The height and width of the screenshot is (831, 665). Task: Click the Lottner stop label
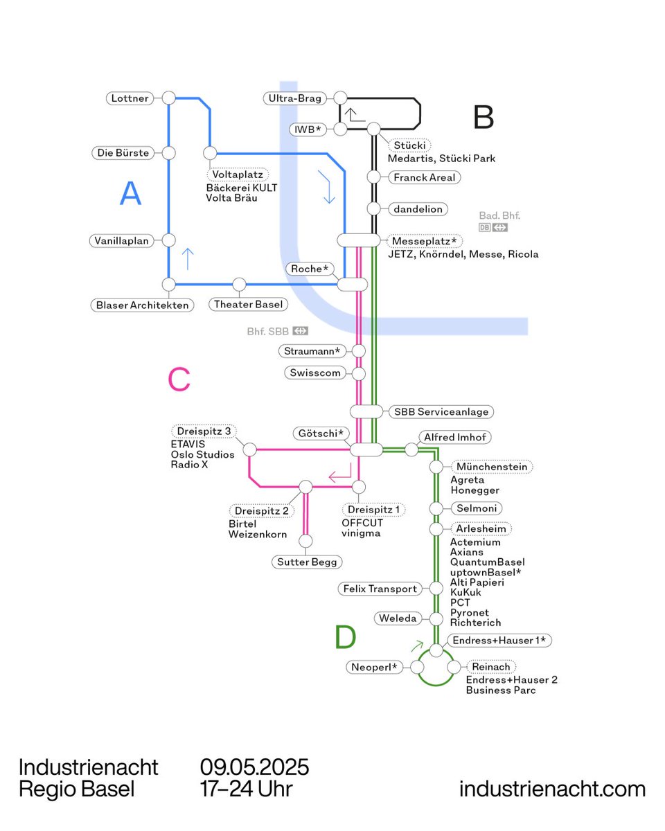click(x=130, y=98)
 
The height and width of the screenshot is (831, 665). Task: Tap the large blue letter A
click(x=130, y=193)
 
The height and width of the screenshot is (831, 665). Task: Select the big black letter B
click(x=484, y=118)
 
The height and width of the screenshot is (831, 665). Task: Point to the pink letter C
click(x=179, y=379)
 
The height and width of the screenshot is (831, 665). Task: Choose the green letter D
click(x=345, y=638)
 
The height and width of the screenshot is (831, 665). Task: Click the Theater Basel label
click(x=239, y=305)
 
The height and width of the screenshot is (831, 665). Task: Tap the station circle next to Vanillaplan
click(x=168, y=240)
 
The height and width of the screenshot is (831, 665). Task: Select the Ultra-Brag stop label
click(x=295, y=98)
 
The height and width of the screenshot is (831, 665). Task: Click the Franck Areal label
click(x=424, y=177)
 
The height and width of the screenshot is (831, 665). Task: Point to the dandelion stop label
click(x=418, y=208)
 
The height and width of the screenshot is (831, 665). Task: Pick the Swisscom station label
click(x=315, y=373)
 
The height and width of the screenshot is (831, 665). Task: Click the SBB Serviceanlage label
click(x=441, y=411)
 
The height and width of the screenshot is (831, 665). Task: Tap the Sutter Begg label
click(x=306, y=562)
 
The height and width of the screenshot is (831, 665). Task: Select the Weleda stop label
click(x=398, y=618)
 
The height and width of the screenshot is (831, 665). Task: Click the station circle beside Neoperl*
click(x=417, y=667)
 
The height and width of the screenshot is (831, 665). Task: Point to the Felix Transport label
click(x=380, y=589)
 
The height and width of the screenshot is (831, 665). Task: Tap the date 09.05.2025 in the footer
click(x=254, y=767)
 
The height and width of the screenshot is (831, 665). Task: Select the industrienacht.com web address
click(x=552, y=789)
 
